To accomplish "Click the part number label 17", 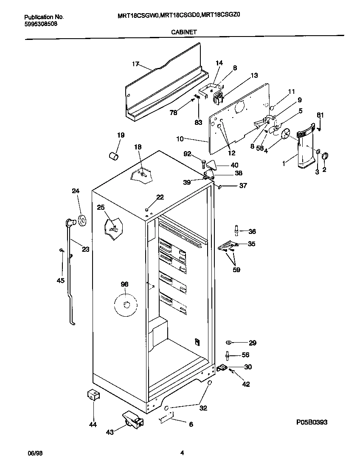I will pyautogui.click(x=135, y=64).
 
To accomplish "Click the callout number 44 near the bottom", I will pyautogui.click(x=93, y=424).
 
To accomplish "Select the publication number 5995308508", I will pyautogui.click(x=40, y=24).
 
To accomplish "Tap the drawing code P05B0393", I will pyautogui.click(x=312, y=422).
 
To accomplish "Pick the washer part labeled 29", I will pyautogui.click(x=228, y=342).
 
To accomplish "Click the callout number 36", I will pyautogui.click(x=252, y=231).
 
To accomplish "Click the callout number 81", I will pyautogui.click(x=320, y=115).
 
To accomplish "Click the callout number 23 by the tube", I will pyautogui.click(x=85, y=249).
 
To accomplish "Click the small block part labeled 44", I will pyautogui.click(x=93, y=396).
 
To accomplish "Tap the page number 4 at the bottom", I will pyautogui.click(x=182, y=453).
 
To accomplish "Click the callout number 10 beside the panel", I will pyautogui.click(x=180, y=138).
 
